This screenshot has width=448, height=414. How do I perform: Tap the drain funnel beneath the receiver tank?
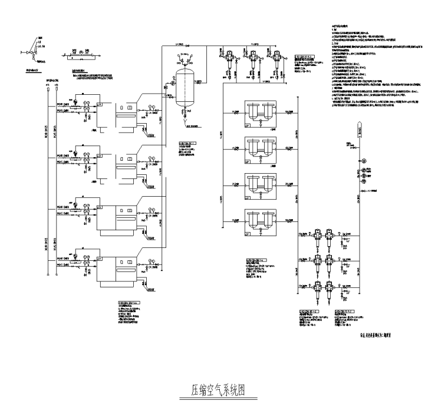(x=189, y=116)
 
